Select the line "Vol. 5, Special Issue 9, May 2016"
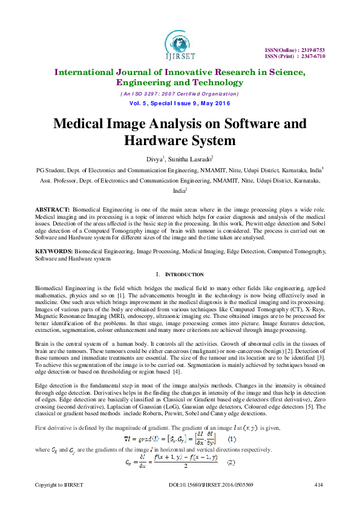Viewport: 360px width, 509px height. point(180,103)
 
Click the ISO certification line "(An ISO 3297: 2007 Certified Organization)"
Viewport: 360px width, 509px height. point(179,94)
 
